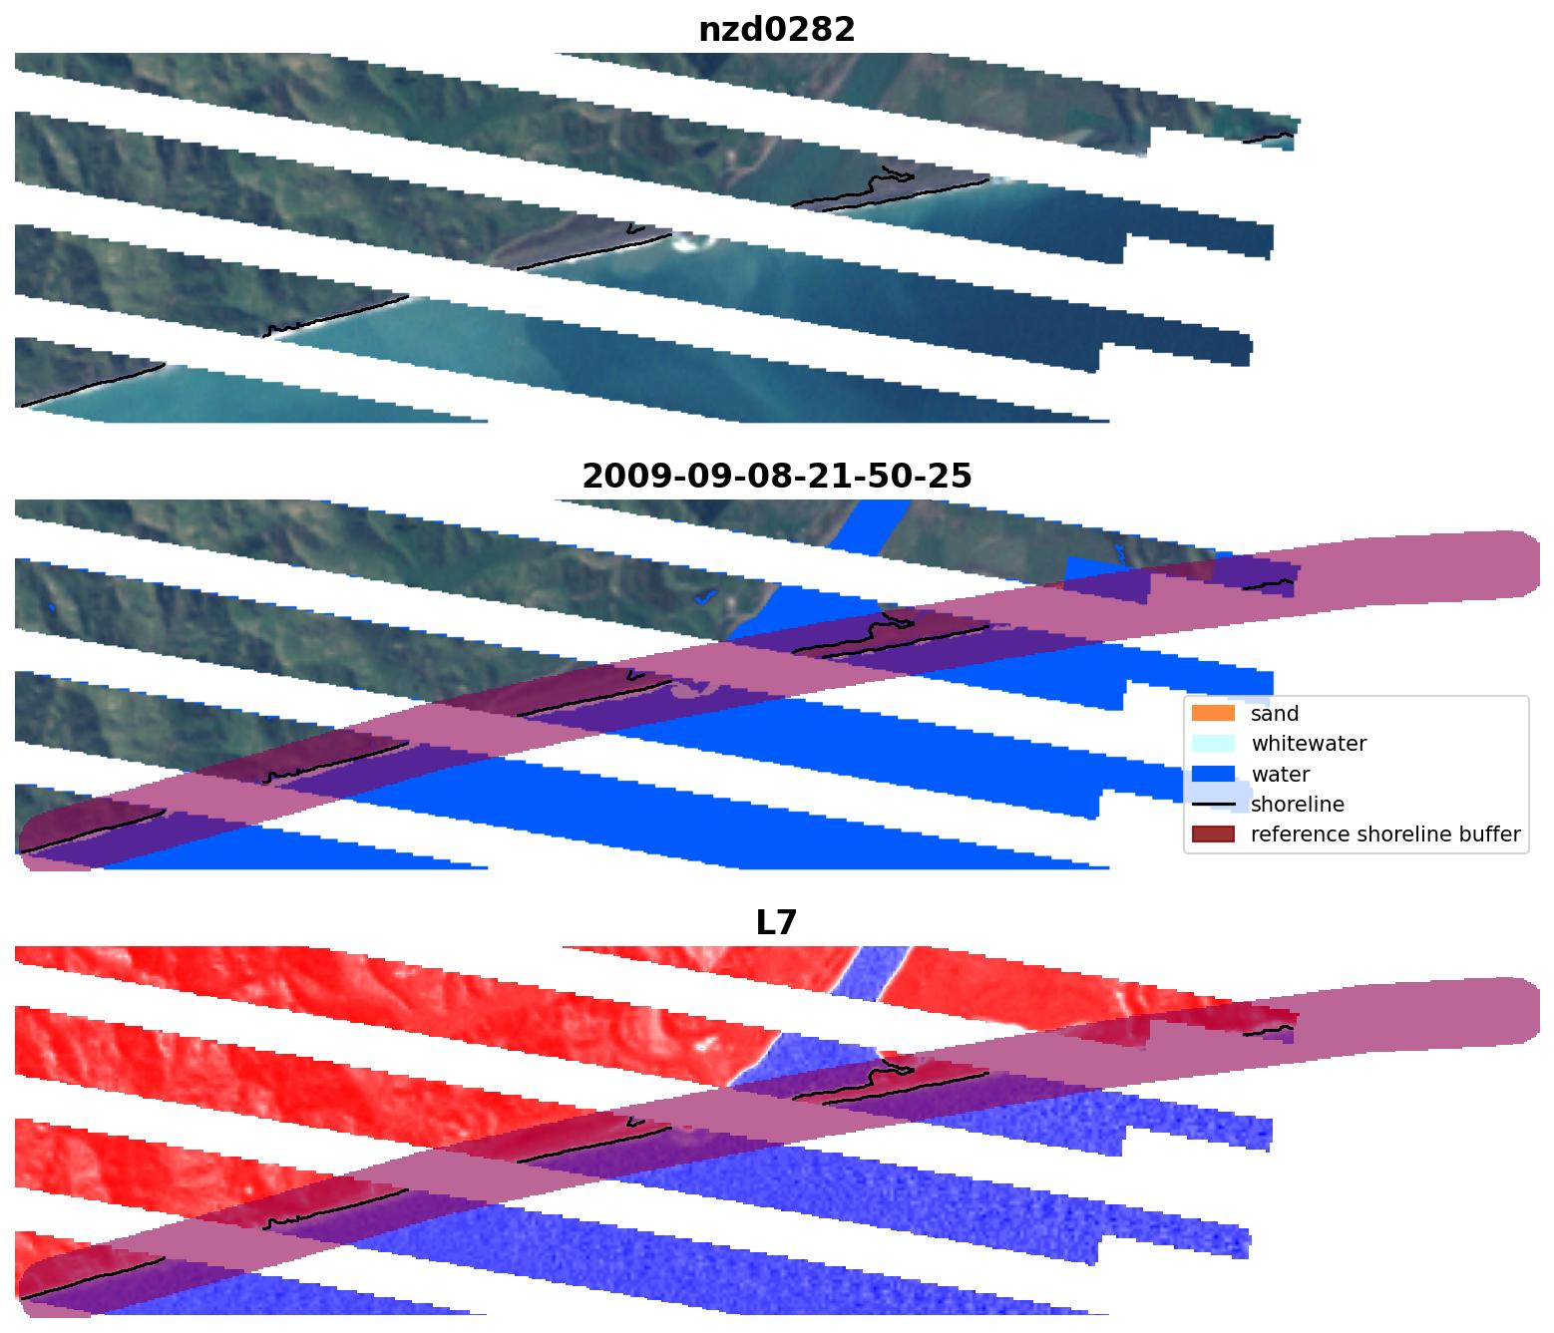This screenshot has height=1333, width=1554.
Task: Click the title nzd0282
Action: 776,30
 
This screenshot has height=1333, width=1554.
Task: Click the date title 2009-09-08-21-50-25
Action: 776,477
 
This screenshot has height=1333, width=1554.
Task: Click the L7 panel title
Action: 776,923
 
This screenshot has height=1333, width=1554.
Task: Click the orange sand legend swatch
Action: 1212,714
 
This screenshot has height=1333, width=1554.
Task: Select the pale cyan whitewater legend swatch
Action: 1212,744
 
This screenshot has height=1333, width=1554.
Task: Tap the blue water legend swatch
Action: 1212,775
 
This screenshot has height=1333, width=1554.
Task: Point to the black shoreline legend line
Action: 1212,805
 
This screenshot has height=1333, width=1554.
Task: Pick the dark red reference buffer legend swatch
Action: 1212,834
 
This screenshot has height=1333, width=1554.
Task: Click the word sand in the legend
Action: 1275,714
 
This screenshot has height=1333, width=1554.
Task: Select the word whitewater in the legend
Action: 1309,744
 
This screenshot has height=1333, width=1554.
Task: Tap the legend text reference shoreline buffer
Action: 1385,834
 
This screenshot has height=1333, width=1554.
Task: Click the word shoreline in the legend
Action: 1297,805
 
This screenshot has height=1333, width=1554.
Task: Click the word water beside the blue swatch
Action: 1281,775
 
